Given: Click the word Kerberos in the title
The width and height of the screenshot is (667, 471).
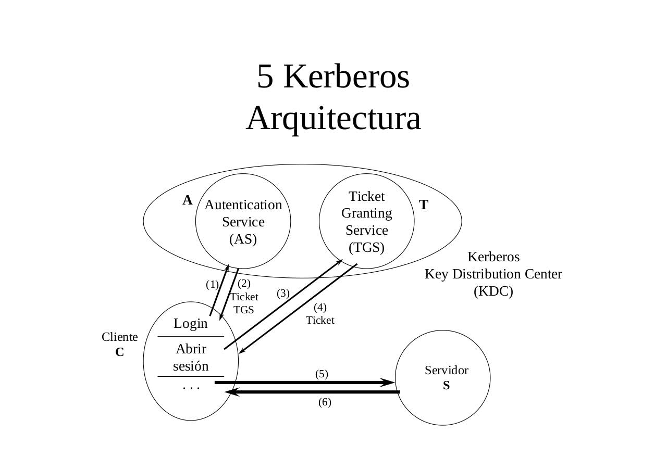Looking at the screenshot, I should click(347, 77).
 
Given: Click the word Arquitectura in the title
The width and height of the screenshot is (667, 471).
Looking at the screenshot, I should click(333, 118).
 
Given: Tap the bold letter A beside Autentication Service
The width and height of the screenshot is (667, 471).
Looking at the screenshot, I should click(187, 200).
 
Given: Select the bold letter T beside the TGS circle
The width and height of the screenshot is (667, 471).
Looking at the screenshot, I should click(424, 205).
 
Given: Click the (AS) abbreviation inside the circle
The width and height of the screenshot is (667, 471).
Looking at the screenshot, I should click(243, 239).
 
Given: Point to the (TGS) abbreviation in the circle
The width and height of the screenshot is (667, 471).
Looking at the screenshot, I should click(366, 247).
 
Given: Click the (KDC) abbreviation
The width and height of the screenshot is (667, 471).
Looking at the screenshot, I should click(493, 291).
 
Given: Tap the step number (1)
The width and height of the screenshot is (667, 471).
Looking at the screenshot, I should click(212, 285).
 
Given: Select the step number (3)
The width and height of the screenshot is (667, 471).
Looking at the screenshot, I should click(283, 294).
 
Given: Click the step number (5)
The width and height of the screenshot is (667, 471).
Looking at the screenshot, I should click(322, 374).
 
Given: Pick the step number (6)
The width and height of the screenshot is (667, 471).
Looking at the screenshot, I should click(325, 402).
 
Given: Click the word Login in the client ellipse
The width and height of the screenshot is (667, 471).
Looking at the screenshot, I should click(191, 324).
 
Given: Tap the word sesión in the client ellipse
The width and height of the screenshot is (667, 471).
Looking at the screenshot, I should click(191, 366).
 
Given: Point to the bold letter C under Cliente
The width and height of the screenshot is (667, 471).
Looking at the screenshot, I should click(119, 352).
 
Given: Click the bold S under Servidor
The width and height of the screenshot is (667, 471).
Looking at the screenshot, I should click(446, 386).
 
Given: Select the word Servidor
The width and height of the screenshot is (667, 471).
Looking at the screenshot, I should click(446, 371).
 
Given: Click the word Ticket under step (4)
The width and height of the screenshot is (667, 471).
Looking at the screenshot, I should click(320, 321).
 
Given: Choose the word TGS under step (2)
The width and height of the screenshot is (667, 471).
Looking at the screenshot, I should click(243, 310).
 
